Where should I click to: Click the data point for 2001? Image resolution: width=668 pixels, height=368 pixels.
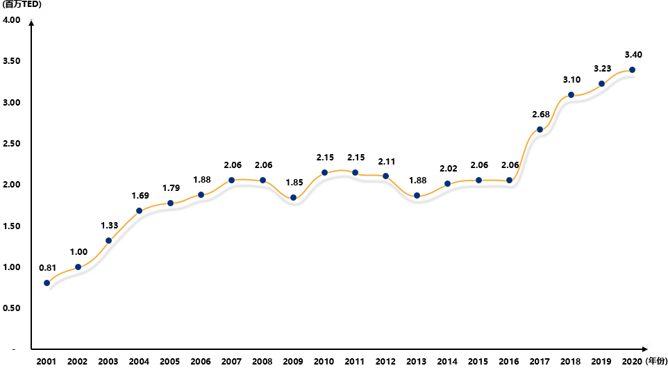click(47, 283)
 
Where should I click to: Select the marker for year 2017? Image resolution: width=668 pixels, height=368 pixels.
click(540, 129)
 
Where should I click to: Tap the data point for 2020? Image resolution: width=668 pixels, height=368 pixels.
click(632, 69)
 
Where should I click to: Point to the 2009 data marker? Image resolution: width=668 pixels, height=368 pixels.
click(293, 198)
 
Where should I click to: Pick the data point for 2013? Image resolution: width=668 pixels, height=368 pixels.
click(417, 196)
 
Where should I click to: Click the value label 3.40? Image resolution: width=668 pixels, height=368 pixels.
click(633, 54)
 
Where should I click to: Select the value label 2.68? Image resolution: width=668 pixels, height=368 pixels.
click(540, 114)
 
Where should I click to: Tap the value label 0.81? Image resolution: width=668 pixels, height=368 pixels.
click(47, 267)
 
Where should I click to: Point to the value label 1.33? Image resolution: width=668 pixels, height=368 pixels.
click(109, 225)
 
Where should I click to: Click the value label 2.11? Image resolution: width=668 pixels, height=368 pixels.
click(386, 161)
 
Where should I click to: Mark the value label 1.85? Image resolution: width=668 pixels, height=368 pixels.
click(294, 183)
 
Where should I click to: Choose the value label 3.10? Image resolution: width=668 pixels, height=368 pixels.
click(571, 80)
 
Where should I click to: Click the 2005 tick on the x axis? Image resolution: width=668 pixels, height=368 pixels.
click(170, 361)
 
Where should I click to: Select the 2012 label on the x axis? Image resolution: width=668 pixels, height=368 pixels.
click(386, 361)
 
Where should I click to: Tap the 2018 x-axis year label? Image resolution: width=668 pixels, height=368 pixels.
click(571, 361)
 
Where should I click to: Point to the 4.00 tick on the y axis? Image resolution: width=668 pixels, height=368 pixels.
click(12, 20)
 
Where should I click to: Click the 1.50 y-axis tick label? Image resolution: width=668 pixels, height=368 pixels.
click(12, 226)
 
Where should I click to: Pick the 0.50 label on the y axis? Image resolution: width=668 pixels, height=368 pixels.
click(12, 308)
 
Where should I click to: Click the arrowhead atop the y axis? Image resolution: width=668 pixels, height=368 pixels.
click(32, 23)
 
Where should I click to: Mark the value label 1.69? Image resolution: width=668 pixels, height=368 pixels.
click(140, 195)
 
